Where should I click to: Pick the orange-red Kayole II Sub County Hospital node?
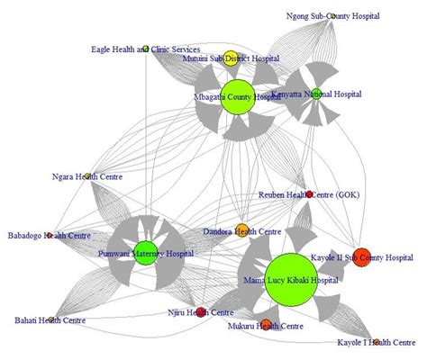(361, 257)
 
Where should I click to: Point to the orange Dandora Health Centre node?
(241, 230)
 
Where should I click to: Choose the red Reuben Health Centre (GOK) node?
(309, 194)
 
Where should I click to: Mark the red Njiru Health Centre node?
(201, 312)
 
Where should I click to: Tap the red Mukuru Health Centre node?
(266, 324)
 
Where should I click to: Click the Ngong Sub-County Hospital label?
(333, 16)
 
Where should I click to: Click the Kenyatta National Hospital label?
(328, 93)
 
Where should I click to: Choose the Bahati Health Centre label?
(50, 319)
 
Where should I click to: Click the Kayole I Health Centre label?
(376, 342)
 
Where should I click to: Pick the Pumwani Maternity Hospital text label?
(145, 254)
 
